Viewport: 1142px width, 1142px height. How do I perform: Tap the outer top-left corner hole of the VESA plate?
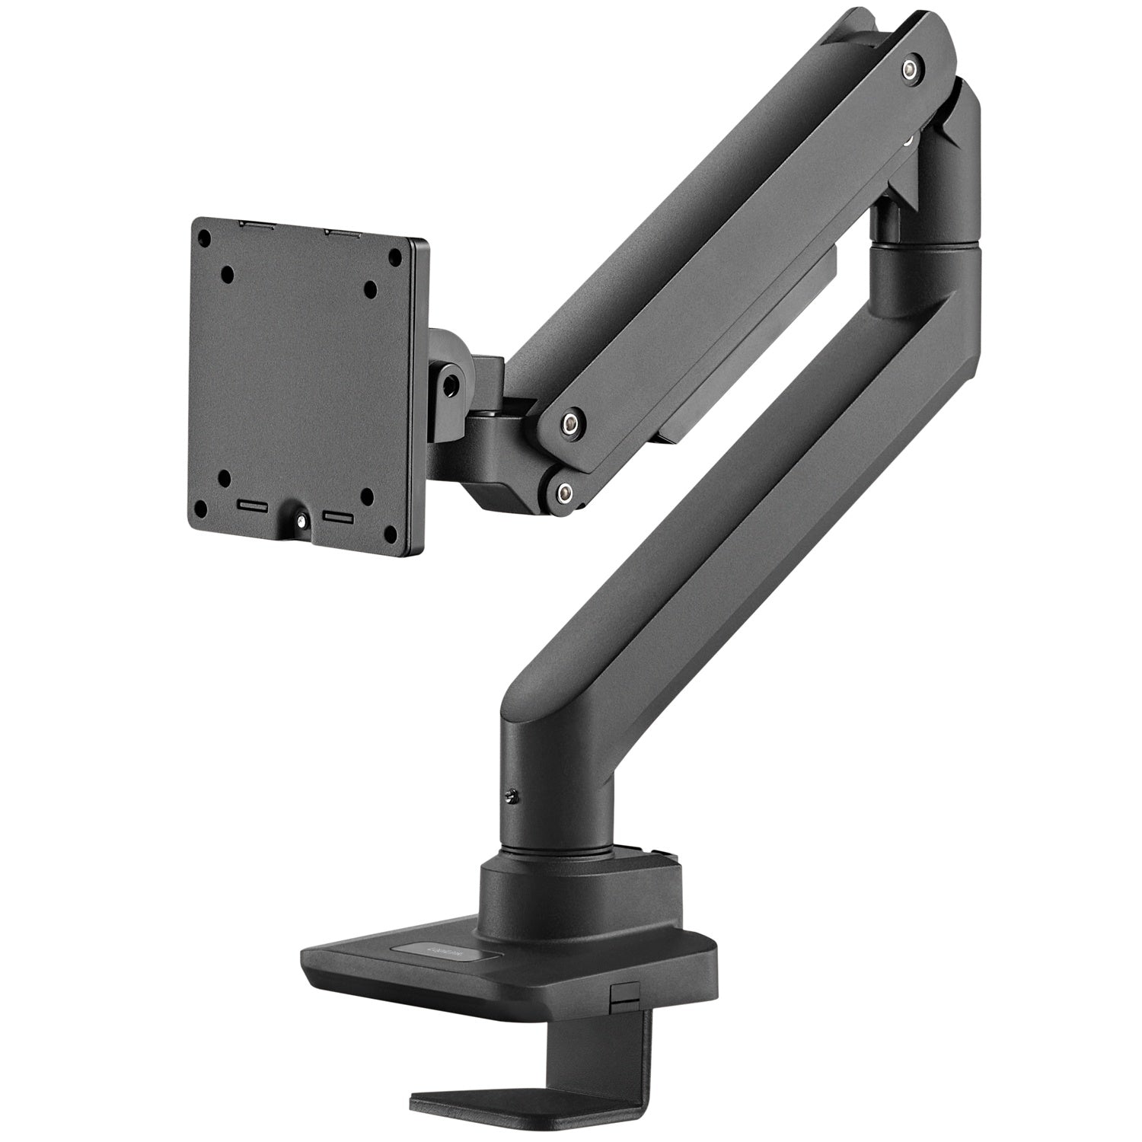click(203, 238)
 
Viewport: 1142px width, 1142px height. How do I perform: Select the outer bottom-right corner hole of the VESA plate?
click(394, 532)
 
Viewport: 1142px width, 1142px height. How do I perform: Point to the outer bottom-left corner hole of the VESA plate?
click(199, 508)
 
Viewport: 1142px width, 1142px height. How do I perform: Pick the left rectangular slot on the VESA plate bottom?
click(252, 505)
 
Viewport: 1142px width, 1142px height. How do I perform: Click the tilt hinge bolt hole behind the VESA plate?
click(454, 378)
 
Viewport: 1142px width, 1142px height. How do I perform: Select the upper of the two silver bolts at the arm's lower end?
click(569, 421)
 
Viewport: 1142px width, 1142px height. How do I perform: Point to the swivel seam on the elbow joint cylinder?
click(921, 246)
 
